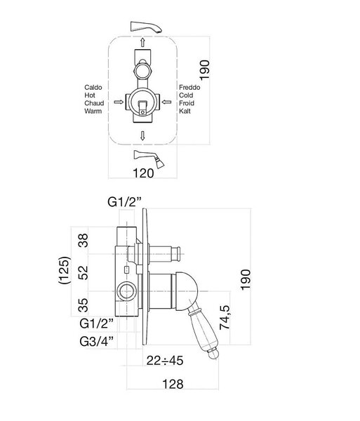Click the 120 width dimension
pyautogui.click(x=143, y=173)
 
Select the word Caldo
pyautogui.click(x=93, y=88)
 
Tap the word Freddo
pyautogui.click(x=189, y=88)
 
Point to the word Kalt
pyautogui.click(x=185, y=111)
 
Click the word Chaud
pyautogui.click(x=94, y=103)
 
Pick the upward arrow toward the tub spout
pyautogui.click(x=142, y=42)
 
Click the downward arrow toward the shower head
pyautogui.click(x=142, y=135)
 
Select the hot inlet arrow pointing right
pyautogui.click(x=119, y=102)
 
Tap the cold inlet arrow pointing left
pyautogui.click(x=167, y=102)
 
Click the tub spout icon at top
pyautogui.click(x=146, y=27)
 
